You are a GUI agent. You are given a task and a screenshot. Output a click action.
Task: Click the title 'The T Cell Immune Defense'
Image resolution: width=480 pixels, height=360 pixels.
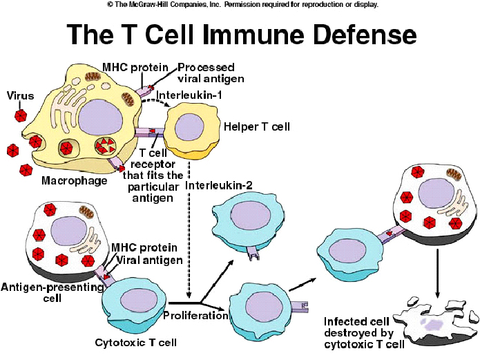242,34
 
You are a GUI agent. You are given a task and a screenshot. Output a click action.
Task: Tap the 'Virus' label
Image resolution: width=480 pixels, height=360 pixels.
20,96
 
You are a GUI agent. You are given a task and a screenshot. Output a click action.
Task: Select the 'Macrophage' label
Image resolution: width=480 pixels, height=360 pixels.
75,180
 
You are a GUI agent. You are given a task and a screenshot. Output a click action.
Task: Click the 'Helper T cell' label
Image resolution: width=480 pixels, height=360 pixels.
256,126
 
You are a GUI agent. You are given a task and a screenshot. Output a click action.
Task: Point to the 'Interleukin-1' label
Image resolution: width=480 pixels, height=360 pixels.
189,95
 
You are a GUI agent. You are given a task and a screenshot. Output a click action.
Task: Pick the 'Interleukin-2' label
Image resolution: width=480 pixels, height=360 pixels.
218,185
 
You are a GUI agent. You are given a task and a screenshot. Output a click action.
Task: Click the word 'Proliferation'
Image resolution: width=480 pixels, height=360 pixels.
195,315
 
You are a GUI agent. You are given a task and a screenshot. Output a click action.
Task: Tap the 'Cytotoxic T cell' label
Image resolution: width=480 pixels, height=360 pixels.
136,342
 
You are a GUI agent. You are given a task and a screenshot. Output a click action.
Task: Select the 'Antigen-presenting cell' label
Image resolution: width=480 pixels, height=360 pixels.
52,292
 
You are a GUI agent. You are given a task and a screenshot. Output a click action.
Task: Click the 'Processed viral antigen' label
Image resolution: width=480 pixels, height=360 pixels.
211,73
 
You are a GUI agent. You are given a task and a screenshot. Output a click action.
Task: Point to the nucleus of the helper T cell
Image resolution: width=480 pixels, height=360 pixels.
189,127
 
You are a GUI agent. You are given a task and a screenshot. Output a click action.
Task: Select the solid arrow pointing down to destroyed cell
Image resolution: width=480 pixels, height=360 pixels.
437,274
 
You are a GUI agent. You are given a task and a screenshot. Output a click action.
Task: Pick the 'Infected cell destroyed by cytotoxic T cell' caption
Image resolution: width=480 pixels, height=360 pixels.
364,333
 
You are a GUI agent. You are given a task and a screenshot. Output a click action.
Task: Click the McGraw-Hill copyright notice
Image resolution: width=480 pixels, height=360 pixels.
242,4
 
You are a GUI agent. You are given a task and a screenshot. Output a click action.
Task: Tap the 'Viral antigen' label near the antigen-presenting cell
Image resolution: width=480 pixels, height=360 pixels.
150,260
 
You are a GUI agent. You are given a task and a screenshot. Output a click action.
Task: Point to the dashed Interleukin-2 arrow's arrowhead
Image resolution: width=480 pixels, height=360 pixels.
189,295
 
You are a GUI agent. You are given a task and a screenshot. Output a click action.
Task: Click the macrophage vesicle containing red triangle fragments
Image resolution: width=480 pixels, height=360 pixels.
105,146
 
